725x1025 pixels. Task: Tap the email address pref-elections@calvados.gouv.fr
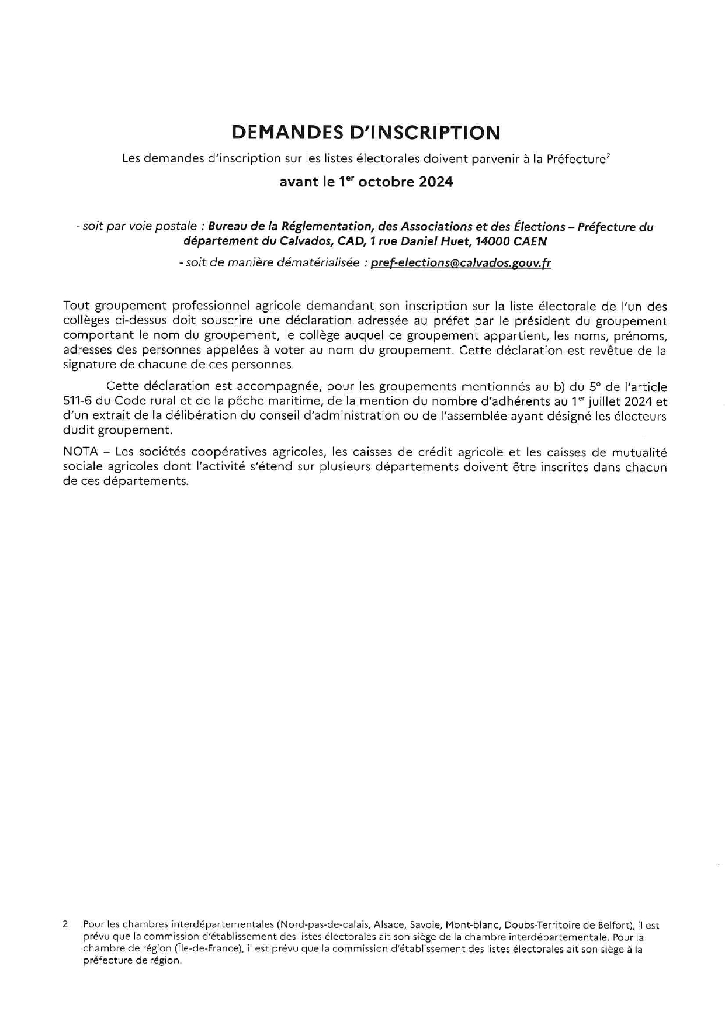(461, 263)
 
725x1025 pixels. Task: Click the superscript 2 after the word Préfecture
(609, 155)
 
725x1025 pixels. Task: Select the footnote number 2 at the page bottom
(65, 925)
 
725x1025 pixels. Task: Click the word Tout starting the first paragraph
(76, 306)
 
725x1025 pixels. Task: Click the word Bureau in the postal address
(228, 227)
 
